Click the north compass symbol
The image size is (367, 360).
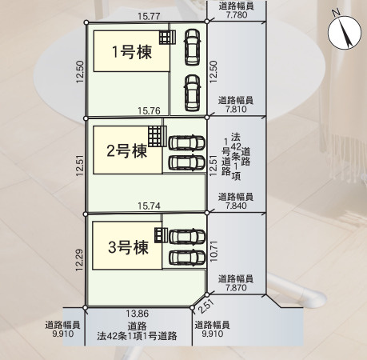[345, 32]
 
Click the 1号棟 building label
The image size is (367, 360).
[132, 52]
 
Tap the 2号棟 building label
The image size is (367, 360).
[127, 151]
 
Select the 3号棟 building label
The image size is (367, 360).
[128, 247]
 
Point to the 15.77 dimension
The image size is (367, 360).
[149, 17]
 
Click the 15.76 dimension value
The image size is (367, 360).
[149, 110]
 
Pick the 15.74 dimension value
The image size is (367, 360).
[149, 206]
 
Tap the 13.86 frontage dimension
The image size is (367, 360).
[138, 314]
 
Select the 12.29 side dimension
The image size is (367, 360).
[79, 260]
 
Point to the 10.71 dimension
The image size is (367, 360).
[213, 251]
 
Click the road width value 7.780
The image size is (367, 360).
[237, 14]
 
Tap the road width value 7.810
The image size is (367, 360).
[236, 109]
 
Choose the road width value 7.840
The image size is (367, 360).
[236, 206]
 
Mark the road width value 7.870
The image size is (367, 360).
[236, 288]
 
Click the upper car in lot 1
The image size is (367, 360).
[192, 47]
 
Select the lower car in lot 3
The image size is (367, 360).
[187, 258]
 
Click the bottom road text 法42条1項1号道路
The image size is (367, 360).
[137, 336]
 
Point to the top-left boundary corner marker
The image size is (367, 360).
[86, 22]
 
